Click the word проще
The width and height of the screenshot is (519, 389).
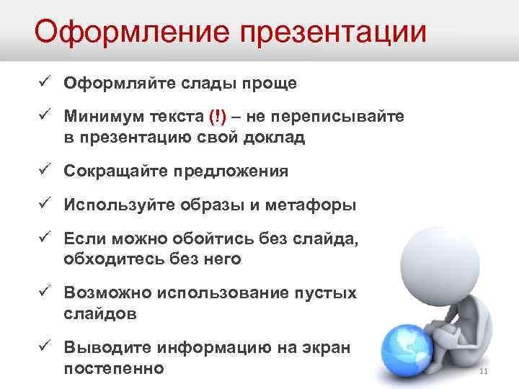(272, 83)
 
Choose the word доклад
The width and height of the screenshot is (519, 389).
(273, 137)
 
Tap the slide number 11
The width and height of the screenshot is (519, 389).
(484, 372)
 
